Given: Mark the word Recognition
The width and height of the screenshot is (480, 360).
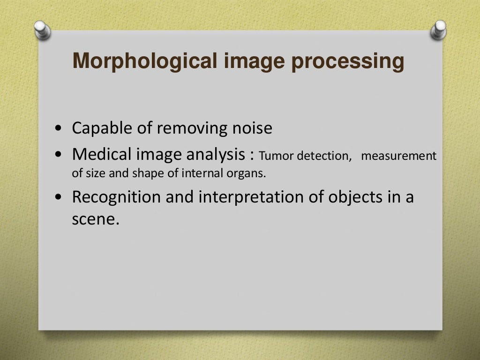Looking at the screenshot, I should pos(116,197).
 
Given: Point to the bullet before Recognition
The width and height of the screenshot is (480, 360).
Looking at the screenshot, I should pos(58,198).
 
